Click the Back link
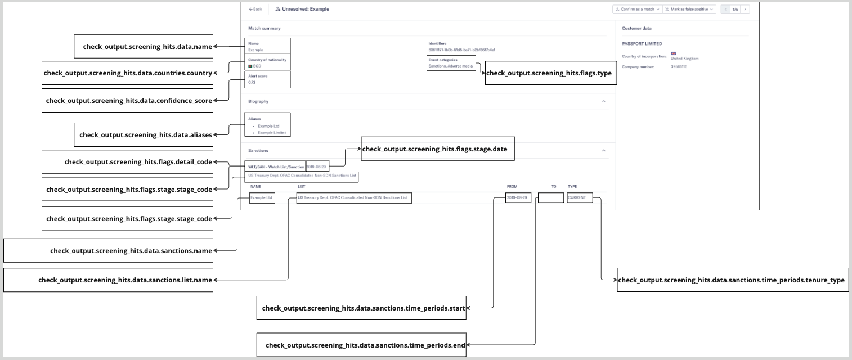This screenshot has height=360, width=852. click(x=256, y=10)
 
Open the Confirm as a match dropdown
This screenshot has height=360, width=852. click(x=637, y=10)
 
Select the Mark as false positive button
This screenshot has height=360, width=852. click(x=689, y=10)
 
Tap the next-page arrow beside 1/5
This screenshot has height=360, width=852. click(x=745, y=10)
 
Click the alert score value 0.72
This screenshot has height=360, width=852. click(x=252, y=83)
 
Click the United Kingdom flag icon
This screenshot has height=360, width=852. click(x=674, y=54)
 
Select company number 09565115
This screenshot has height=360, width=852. click(x=679, y=67)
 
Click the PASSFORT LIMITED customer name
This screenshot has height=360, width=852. click(x=642, y=44)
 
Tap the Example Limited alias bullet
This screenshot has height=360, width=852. click(x=272, y=133)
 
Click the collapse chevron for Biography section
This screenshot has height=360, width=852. click(x=604, y=101)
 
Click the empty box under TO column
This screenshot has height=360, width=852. click(x=550, y=198)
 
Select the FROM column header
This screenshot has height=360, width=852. click(x=512, y=186)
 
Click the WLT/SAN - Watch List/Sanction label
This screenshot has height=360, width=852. click(x=276, y=167)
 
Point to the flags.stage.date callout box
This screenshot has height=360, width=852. click(x=437, y=149)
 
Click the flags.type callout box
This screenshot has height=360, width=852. click(x=549, y=73)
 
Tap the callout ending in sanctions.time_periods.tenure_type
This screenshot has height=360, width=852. click(x=731, y=280)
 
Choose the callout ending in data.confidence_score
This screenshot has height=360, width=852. click(x=129, y=101)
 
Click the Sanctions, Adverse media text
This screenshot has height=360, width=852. click(x=450, y=66)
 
